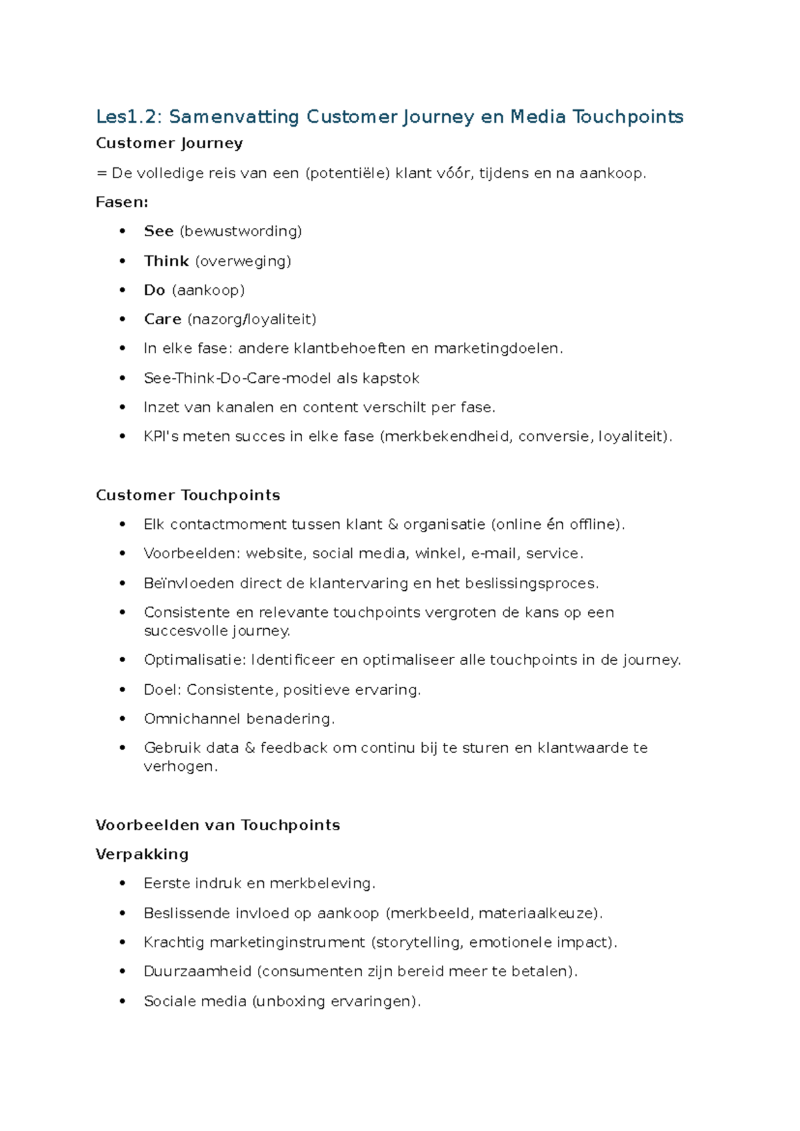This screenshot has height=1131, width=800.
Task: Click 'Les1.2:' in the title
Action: tap(129, 117)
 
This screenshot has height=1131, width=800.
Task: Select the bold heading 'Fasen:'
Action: tap(122, 202)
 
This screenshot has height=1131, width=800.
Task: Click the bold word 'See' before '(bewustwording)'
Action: tap(159, 231)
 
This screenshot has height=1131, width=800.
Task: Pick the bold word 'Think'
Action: tap(167, 261)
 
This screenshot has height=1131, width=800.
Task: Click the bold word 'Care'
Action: tap(163, 319)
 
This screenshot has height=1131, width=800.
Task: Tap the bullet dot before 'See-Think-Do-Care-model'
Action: tap(122, 378)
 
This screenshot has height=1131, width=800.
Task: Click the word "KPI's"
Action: tap(161, 437)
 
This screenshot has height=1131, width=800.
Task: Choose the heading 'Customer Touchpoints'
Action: tap(188, 495)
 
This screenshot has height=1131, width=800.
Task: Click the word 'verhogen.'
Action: tap(181, 767)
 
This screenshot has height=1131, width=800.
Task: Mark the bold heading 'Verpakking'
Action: tap(142, 854)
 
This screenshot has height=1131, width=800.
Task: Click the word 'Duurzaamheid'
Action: tap(197, 972)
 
